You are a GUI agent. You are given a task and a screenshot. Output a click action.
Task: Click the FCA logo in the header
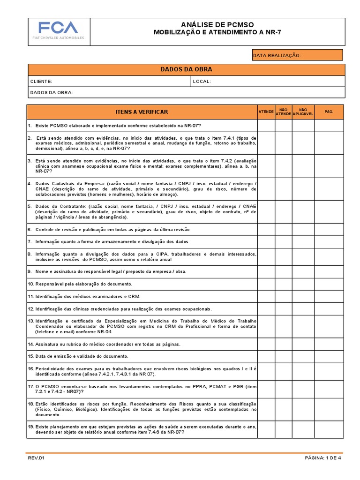point(59,30)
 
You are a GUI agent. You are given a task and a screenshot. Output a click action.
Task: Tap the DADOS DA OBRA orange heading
point(186,69)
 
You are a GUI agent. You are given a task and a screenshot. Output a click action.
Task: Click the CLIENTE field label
point(41,81)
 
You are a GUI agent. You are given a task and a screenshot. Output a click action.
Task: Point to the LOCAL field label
point(202,81)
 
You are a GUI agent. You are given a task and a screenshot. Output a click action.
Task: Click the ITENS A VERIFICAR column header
point(142,112)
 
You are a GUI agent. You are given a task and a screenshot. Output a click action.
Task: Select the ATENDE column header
point(266,112)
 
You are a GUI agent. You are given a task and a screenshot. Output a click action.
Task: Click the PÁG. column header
point(329,112)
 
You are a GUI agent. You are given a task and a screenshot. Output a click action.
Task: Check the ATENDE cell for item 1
point(266,126)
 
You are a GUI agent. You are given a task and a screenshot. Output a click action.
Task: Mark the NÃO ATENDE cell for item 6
point(283,230)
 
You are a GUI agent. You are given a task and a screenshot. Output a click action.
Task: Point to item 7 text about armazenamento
point(108,242)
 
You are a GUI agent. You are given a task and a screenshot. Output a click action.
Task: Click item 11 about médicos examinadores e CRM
point(84,297)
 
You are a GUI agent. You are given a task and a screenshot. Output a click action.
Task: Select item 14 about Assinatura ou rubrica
point(97,344)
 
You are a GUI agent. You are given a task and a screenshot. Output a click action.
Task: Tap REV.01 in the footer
point(35,458)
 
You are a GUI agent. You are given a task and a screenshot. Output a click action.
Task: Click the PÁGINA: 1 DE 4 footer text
point(323,458)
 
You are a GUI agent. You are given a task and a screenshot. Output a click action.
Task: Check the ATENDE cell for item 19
point(266,429)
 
